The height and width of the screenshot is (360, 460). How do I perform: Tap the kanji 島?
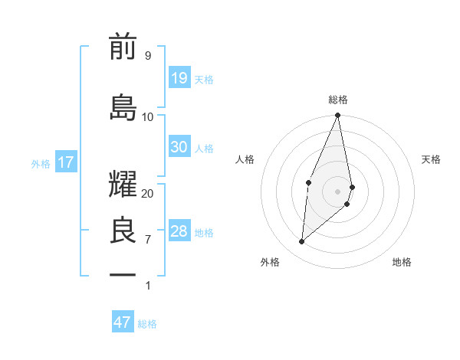pos(123,108)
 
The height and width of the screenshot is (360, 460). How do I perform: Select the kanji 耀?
pos(123,185)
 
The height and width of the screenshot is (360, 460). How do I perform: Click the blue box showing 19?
pos(179,78)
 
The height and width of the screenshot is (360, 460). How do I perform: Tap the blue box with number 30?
pos(179,147)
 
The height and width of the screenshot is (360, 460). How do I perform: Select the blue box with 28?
pos(179,231)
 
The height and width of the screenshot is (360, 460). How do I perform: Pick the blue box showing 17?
pos(65,162)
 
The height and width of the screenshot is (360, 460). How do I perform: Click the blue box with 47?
pos(123,322)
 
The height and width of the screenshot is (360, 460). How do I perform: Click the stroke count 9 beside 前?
pos(147,56)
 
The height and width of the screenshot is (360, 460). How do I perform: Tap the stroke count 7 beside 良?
pos(147,240)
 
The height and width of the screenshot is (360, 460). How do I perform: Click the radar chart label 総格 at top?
pos(337,100)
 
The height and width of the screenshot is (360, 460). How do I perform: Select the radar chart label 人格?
pos(245,159)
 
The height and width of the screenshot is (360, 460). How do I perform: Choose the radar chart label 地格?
pos(402,262)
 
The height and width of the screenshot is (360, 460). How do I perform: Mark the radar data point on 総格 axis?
pos(337,116)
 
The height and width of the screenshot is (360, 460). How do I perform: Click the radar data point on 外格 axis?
pos(302,242)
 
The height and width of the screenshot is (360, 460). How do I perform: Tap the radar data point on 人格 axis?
pos(308,182)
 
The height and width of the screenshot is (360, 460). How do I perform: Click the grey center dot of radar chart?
pos(337,191)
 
